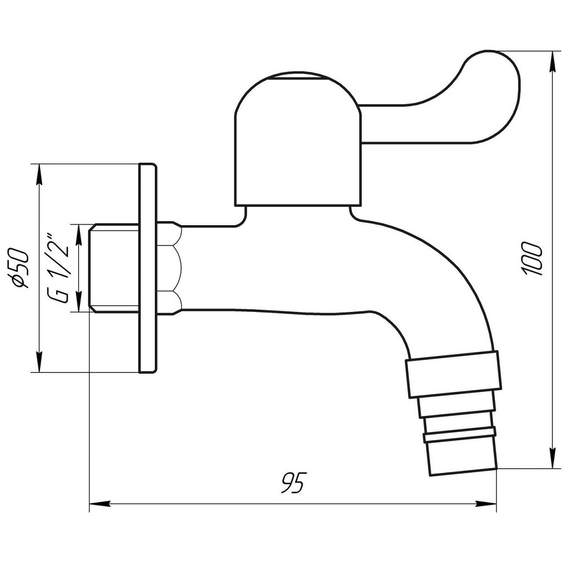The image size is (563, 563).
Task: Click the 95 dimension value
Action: tap(292, 483)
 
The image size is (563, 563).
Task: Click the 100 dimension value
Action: tap(532, 260)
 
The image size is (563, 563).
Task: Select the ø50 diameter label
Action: tap(20, 267)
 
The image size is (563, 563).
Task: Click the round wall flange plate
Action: tap(147, 268)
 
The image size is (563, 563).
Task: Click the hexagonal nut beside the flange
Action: tap(169, 268)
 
